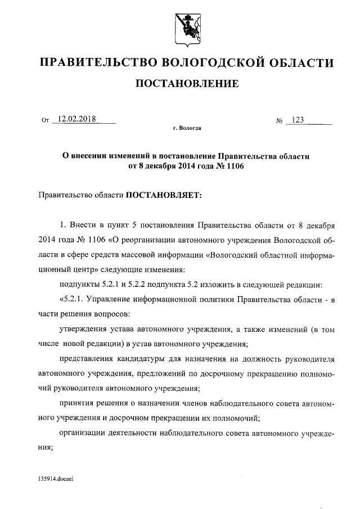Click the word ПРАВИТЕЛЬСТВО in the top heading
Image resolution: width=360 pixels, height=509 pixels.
[95, 62]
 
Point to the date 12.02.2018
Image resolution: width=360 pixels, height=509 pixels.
[74, 119]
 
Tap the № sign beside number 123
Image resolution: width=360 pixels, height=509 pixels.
[278, 120]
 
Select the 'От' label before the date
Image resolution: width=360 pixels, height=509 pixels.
[46, 120]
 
